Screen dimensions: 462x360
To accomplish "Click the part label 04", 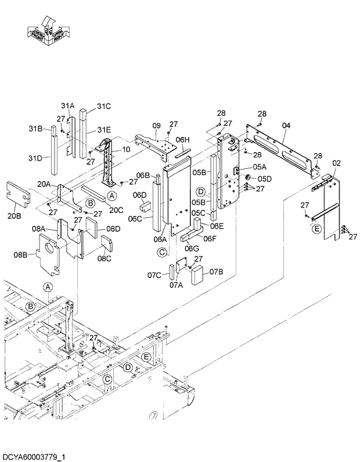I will pyautogui.click(x=286, y=125).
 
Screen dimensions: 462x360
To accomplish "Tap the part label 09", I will pyautogui.click(x=156, y=126).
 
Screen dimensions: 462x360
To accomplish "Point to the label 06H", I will pyautogui.click(x=183, y=140).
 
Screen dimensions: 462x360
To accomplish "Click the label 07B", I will pyautogui.click(x=217, y=272).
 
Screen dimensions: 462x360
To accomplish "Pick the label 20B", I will pyautogui.click(x=15, y=216).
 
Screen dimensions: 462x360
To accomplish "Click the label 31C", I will pyautogui.click(x=103, y=106).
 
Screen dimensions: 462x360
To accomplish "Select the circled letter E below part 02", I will pyautogui.click(x=316, y=229).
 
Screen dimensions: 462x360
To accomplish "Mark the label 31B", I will pyautogui.click(x=36, y=128).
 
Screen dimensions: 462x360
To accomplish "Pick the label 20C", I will pyautogui.click(x=116, y=210).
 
